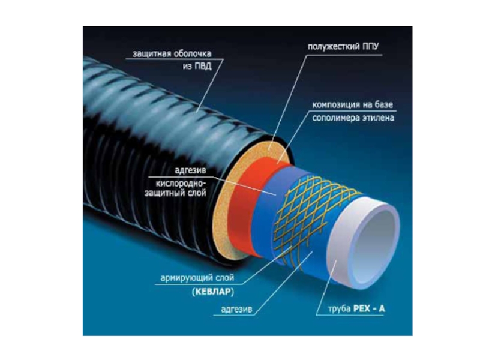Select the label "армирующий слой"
coord(196,279)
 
